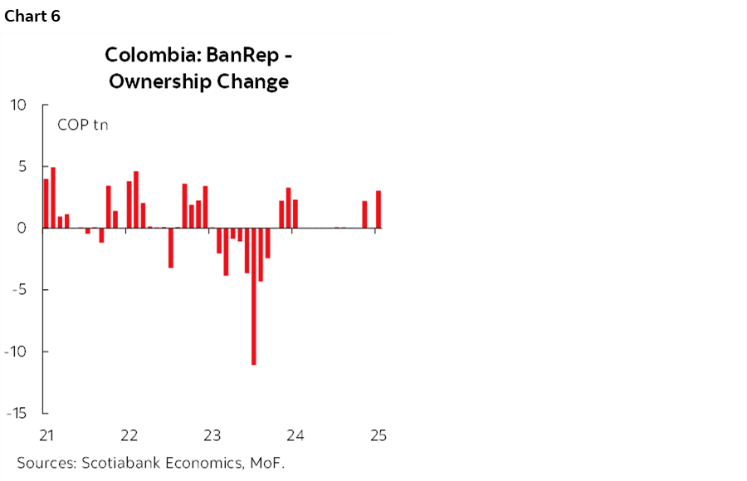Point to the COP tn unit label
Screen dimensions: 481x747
(x=82, y=125)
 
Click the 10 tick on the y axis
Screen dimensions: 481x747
(x=18, y=106)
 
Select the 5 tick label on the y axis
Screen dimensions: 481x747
(x=22, y=167)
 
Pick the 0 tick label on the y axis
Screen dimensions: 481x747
(x=22, y=228)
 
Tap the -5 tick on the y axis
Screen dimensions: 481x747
(x=19, y=290)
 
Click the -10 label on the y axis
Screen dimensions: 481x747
(x=16, y=351)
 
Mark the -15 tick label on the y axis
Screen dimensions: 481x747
(x=16, y=413)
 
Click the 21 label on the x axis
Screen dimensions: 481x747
(x=46, y=435)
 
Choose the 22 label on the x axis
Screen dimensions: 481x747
(x=129, y=435)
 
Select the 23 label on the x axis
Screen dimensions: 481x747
(x=212, y=435)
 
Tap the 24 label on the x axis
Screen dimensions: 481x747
(x=294, y=435)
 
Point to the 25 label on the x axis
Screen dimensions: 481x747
(x=378, y=435)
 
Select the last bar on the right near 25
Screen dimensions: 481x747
(x=378, y=209)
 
